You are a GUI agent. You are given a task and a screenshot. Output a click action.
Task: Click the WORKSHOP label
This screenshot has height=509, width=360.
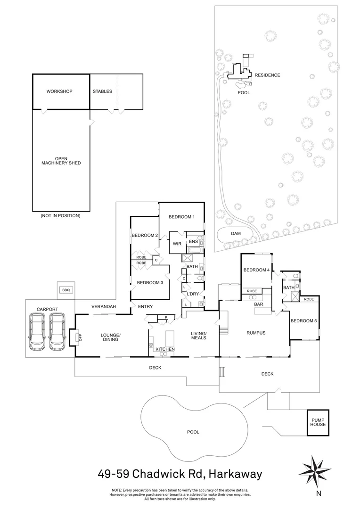pos(59,91)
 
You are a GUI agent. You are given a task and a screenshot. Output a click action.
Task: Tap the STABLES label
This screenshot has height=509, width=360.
pos(102,91)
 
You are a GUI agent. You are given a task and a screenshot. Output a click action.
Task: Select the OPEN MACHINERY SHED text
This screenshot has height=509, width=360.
pos(61,161)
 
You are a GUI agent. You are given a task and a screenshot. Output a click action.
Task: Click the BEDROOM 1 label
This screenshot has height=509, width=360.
pos(182,217)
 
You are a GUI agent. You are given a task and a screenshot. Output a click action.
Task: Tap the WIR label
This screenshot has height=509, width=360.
pos(177,244)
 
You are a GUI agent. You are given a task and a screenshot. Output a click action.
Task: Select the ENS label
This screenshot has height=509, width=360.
pos(193,242)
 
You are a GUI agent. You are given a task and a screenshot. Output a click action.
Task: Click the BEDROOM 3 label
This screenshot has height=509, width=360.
pos(150,283)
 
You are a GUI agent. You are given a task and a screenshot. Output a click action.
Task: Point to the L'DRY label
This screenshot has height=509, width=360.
pos(193,294)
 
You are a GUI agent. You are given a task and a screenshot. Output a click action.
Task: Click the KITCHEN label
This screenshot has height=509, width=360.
pos(165,349)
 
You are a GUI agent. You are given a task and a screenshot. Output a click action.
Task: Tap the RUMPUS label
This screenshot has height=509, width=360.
pos(256,333)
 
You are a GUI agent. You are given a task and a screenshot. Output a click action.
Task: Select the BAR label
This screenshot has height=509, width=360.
pos(258,304)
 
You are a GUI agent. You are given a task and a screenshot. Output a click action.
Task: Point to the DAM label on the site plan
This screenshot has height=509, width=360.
pos(236,233)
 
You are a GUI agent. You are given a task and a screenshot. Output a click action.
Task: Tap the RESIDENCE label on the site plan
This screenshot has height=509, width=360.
pos(267,75)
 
